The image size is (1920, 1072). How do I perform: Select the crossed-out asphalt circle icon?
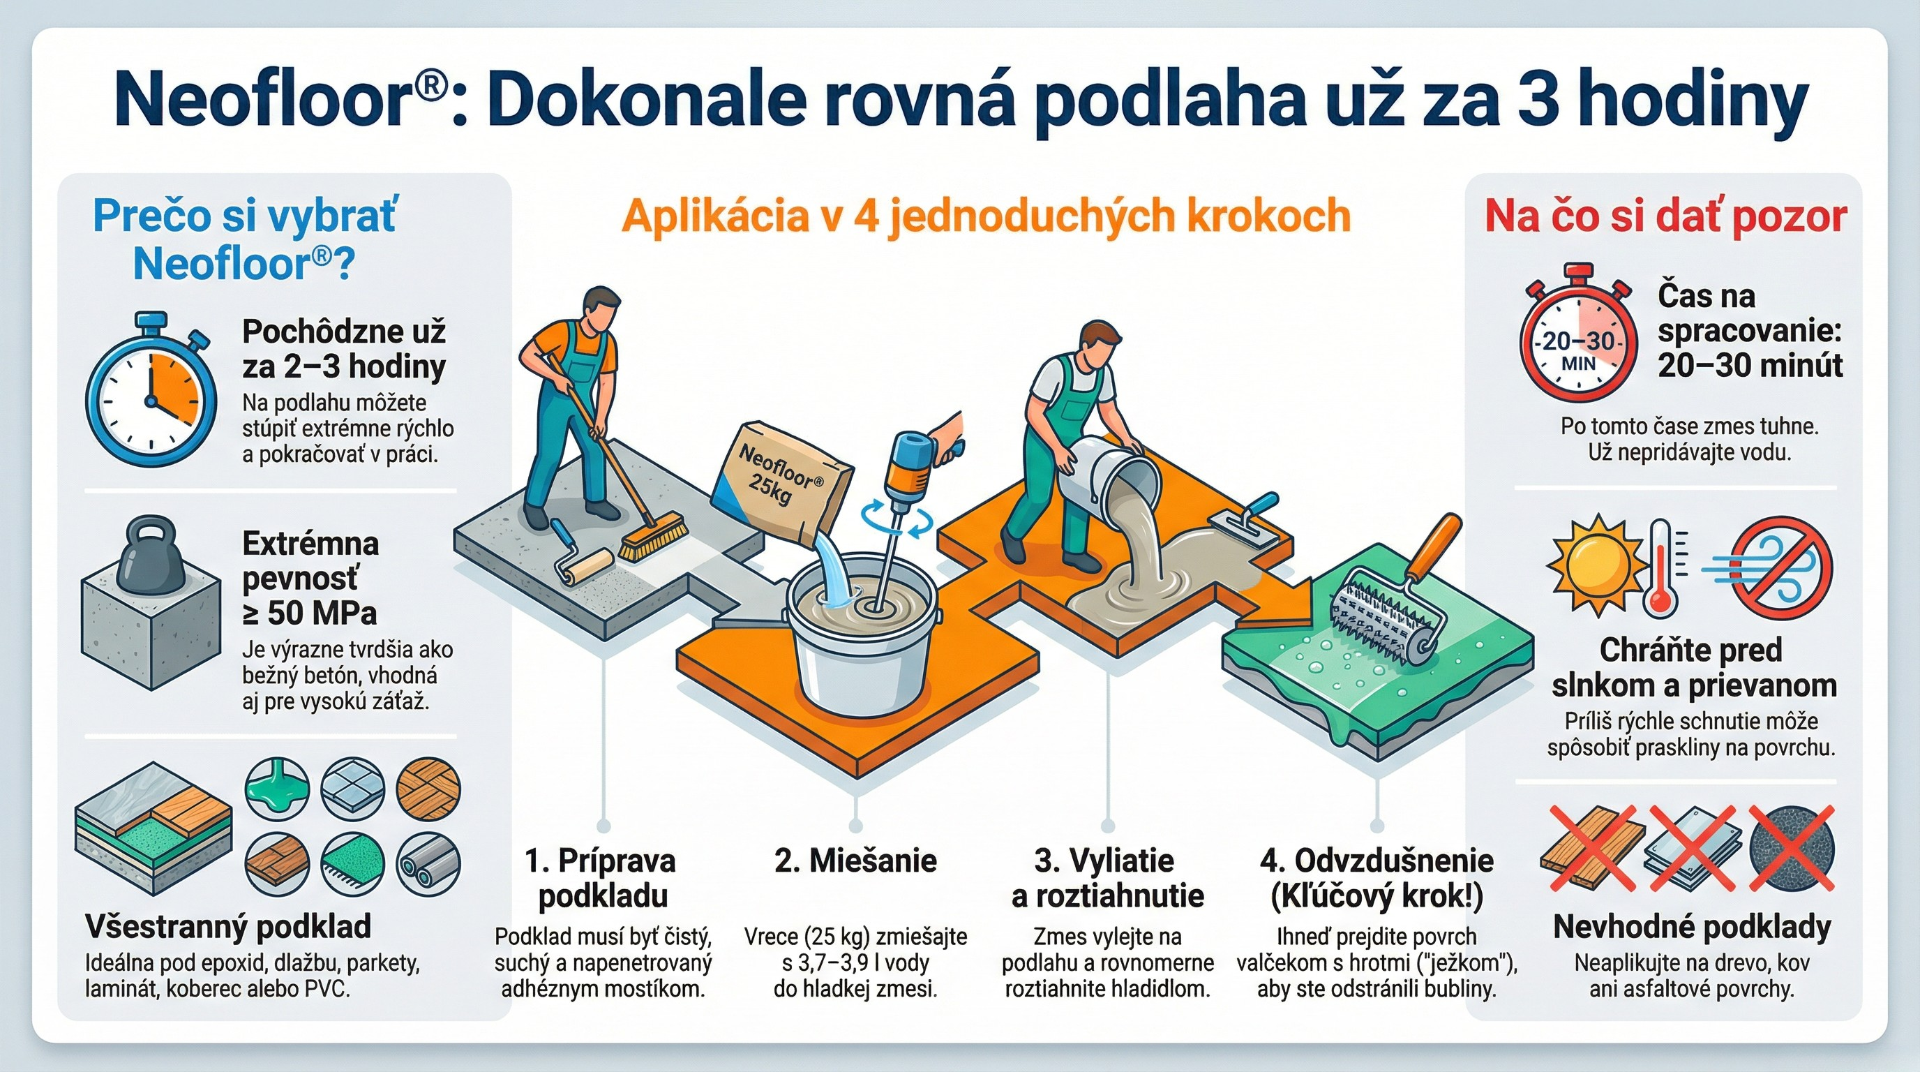(1790, 847)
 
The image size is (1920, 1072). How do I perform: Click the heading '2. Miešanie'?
(855, 861)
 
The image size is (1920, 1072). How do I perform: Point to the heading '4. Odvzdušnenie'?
(1377, 861)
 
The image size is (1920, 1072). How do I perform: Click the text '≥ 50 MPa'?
(309, 613)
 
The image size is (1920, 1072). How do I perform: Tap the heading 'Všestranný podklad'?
(228, 927)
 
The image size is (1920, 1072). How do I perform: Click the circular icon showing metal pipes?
(428, 865)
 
